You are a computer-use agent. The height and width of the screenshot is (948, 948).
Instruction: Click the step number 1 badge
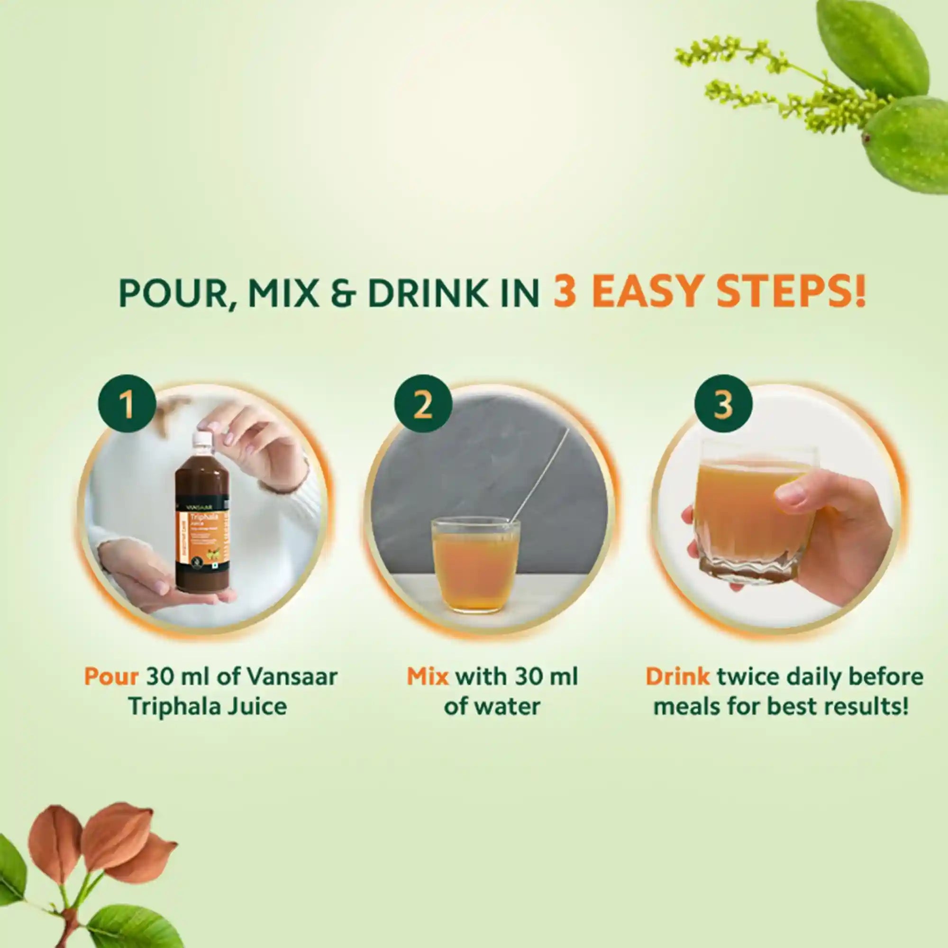tap(127, 404)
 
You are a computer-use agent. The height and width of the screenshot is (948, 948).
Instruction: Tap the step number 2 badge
tap(423, 404)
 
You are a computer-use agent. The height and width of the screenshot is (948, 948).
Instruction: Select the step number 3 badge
tap(723, 404)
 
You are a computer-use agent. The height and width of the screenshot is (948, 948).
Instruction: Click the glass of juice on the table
tap(475, 564)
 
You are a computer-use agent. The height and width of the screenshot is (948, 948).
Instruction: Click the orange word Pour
tap(111, 677)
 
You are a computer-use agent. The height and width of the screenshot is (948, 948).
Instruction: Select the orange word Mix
tap(428, 677)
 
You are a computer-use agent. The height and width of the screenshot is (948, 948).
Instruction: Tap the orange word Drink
tap(677, 677)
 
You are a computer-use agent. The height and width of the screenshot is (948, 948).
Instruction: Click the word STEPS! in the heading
tap(790, 292)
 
